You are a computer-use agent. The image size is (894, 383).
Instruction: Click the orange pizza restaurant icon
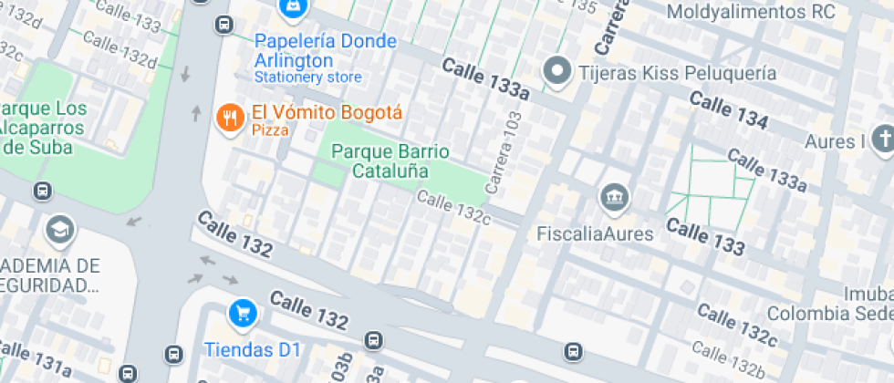(229, 117)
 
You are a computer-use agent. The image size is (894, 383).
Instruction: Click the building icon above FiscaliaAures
(610, 197)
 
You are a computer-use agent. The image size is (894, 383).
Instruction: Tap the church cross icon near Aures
(882, 140)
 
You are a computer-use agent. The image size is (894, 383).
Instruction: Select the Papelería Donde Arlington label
(326, 51)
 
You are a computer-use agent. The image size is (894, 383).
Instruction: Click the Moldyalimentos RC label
(752, 12)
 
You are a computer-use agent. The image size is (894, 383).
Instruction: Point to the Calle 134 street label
(729, 109)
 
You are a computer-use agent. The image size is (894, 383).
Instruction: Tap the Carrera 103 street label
(504, 152)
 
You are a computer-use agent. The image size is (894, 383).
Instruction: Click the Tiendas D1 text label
(252, 349)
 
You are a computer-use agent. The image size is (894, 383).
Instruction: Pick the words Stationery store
(308, 78)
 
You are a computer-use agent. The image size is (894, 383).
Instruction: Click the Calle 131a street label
(36, 361)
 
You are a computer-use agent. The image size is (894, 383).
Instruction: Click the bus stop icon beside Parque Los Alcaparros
(41, 191)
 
